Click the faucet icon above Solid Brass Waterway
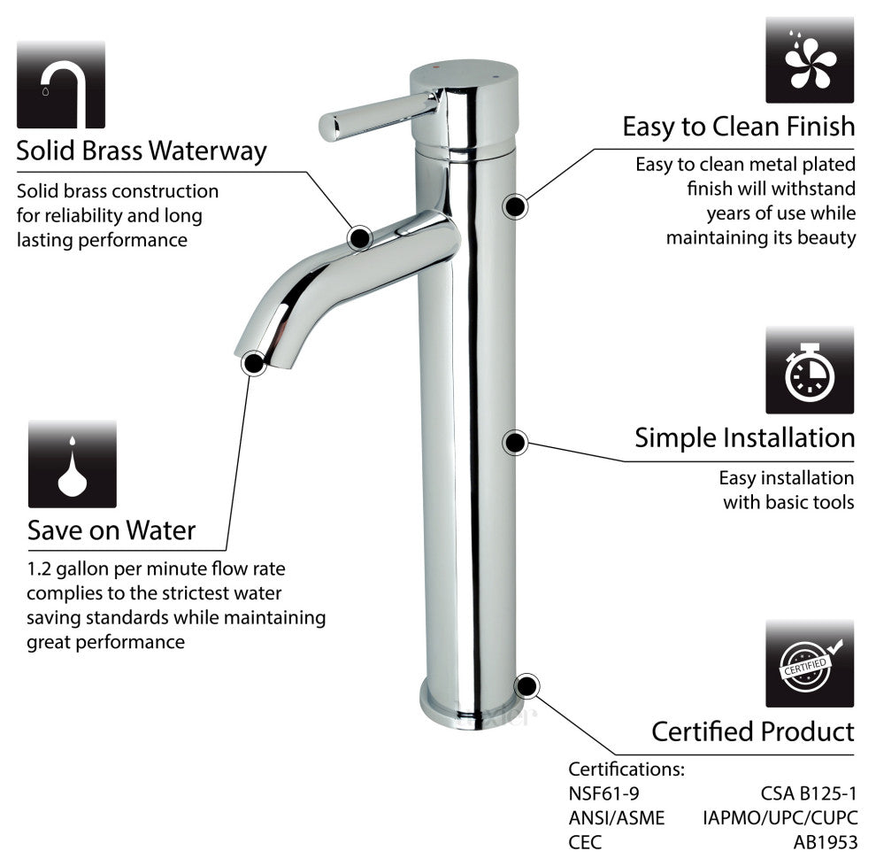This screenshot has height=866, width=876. point(60,84)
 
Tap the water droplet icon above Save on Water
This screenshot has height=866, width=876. point(72,463)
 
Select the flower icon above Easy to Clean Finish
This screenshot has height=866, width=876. point(809,59)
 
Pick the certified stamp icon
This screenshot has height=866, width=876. point(809,663)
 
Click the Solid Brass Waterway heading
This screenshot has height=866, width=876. point(142,151)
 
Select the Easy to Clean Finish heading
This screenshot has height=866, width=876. point(739,126)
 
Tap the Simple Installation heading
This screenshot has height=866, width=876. point(744,437)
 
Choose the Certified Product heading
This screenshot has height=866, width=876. point(753,731)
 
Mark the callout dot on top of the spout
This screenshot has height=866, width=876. point(359,236)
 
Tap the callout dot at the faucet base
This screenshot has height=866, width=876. point(526,685)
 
